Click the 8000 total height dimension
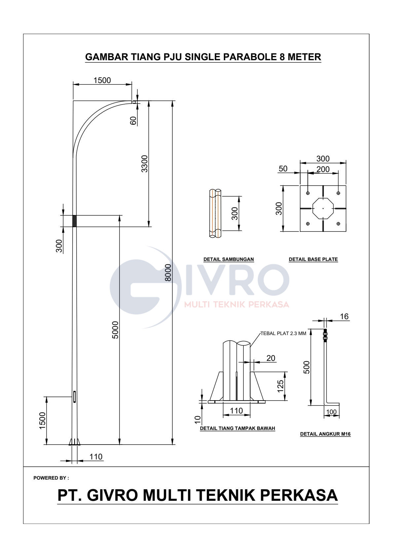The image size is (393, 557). point(168,273)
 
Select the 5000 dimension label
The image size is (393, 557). point(116,330)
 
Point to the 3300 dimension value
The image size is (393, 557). point(144,164)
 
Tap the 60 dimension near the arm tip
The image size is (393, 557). point(133,121)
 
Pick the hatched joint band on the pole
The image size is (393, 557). point(74,221)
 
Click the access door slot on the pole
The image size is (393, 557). point(75,397)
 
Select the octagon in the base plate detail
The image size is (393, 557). point(323,208)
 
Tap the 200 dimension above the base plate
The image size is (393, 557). point(323,169)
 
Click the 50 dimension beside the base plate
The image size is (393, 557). point(283,169)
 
